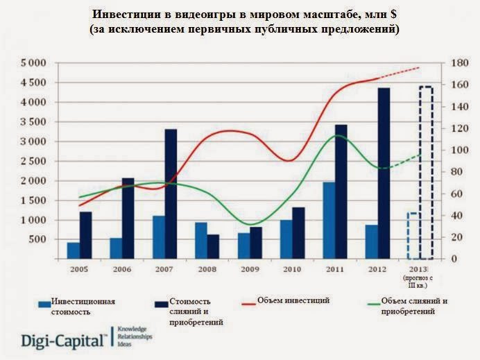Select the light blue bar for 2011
click(329, 221)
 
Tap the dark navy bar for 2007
click(170, 194)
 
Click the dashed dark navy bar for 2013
click(426, 173)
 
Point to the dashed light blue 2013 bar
click(413, 236)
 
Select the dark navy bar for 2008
click(213, 246)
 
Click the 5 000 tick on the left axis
click(33, 63)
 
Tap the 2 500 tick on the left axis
click(33, 161)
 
